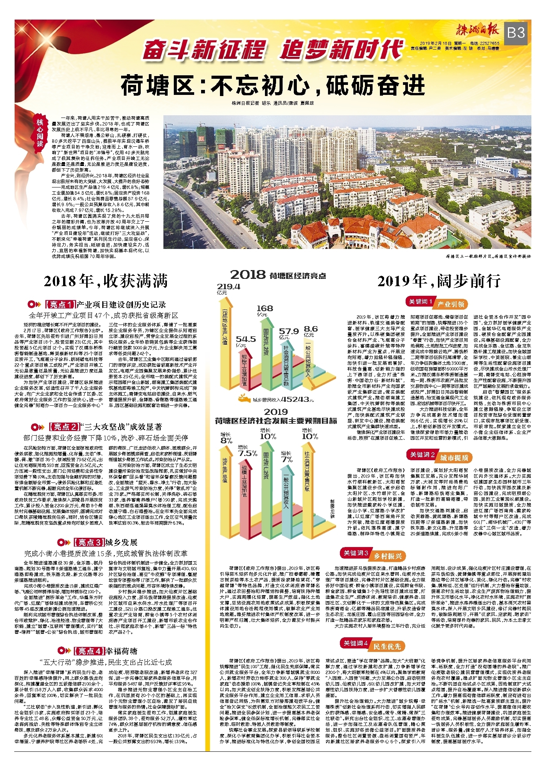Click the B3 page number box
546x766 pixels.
pos(516,33)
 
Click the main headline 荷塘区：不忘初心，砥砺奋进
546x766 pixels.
pos(273,86)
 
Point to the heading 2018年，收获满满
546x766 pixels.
pos(106,281)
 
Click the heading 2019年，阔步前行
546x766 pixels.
pos(438,281)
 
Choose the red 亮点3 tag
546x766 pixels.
pos(89,542)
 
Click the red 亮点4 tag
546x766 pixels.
pos(89,651)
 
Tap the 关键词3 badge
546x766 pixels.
pos(356,553)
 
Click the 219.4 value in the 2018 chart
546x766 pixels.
pos(228,287)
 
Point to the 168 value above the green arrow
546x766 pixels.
pos(265,308)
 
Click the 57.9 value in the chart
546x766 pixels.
pos(289,332)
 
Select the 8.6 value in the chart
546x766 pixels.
pos(311,329)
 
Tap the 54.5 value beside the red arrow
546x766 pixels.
pos(246,339)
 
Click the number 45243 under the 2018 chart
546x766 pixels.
pos(295,400)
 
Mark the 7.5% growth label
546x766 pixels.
pos(248,453)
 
